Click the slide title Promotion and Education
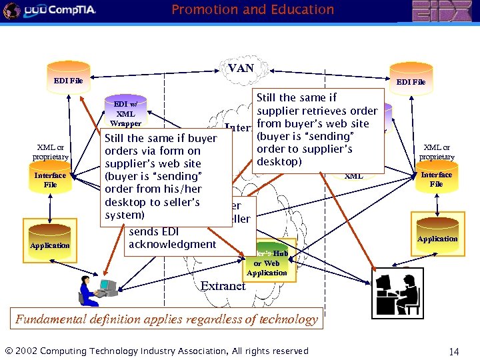coord(253,9)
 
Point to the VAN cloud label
coord(241,68)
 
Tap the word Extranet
coord(223,286)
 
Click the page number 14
coord(455,351)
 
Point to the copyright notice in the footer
coord(157,351)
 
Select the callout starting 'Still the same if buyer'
coord(160,177)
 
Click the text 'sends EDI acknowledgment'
coord(173,238)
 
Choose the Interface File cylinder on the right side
coord(436,179)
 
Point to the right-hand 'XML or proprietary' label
coord(437,152)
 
